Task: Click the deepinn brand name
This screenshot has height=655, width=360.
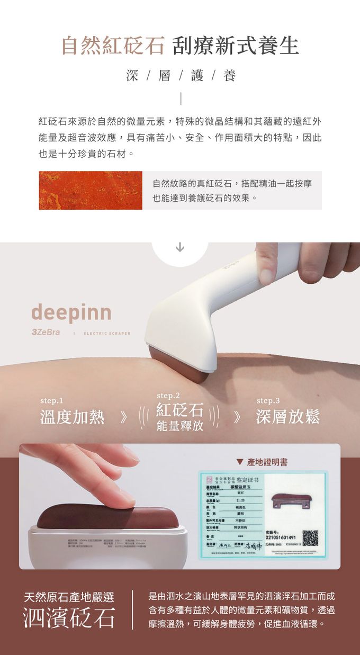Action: tap(71, 312)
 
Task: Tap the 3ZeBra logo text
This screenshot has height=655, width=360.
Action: tap(46, 332)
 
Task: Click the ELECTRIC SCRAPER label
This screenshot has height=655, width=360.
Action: tap(107, 333)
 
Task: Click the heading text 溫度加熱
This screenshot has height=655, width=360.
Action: tap(73, 417)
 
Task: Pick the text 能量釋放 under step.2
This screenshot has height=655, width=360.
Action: tap(179, 426)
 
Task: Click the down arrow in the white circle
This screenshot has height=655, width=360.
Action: tap(180, 247)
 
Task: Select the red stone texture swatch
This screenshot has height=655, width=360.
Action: tap(91, 190)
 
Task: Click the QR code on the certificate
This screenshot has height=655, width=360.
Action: tap(310, 537)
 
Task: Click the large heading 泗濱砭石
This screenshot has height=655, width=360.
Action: tap(69, 617)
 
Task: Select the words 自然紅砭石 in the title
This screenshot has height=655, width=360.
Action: tap(113, 46)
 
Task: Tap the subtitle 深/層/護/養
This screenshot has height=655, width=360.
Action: tap(180, 76)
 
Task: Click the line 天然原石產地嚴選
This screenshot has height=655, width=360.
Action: tap(69, 597)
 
